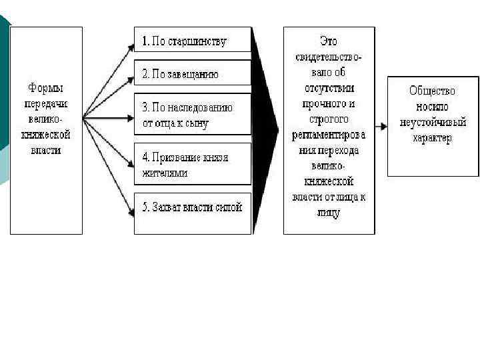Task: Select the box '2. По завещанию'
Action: click(192, 73)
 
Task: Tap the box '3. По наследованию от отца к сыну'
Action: click(192, 115)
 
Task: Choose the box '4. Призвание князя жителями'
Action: click(192, 164)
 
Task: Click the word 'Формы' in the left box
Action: click(45, 87)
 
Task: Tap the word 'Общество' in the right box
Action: click(432, 91)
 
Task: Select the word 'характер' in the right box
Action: click(432, 139)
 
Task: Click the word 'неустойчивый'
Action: click(432, 123)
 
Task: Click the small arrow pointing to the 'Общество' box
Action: click(381, 126)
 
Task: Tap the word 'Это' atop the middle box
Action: click(329, 41)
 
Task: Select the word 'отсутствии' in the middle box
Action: click(329, 87)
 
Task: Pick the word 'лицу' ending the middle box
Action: click(329, 213)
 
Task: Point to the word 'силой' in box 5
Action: click(229, 207)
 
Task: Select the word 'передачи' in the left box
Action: click(45, 103)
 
